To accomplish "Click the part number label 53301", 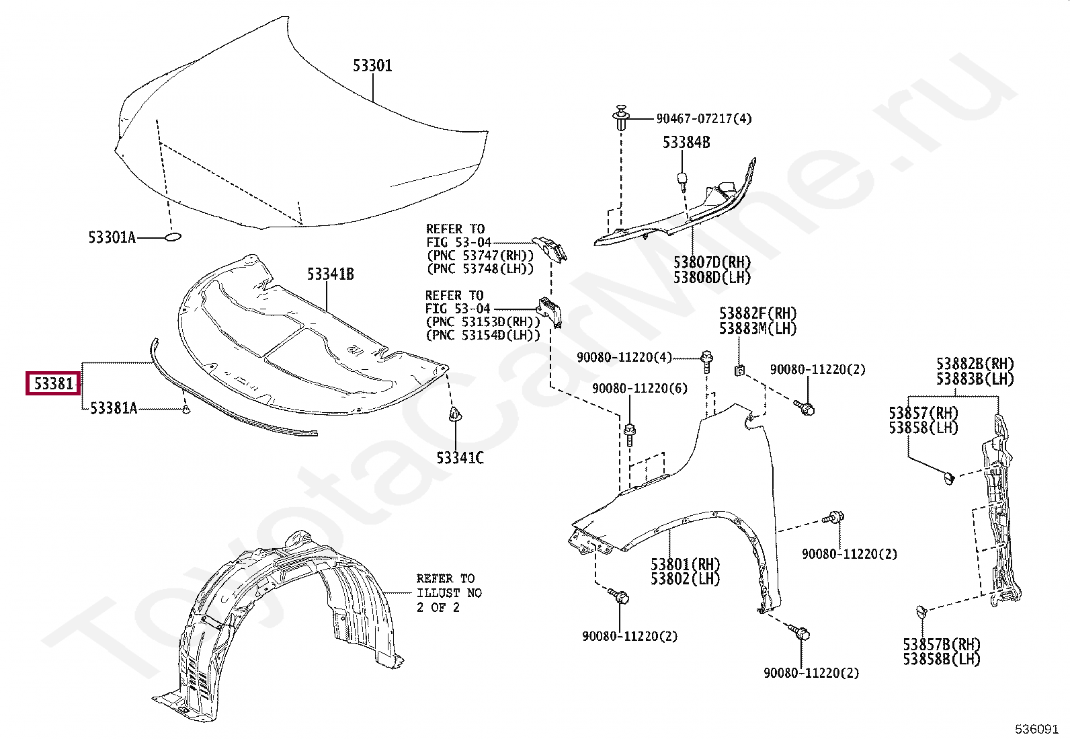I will click(373, 66).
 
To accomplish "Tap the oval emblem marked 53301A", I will click(173, 237).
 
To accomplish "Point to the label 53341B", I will click(331, 274).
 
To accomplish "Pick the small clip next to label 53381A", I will click(186, 408).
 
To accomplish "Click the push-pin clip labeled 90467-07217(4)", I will click(622, 118).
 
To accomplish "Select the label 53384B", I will click(686, 143).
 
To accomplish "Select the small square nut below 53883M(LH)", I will click(739, 369).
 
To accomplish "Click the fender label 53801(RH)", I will click(685, 564).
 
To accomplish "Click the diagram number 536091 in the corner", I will click(1036, 729).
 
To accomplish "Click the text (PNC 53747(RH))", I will click(480, 256).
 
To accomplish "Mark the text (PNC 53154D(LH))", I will click(483, 336).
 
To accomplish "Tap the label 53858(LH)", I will click(923, 428).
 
